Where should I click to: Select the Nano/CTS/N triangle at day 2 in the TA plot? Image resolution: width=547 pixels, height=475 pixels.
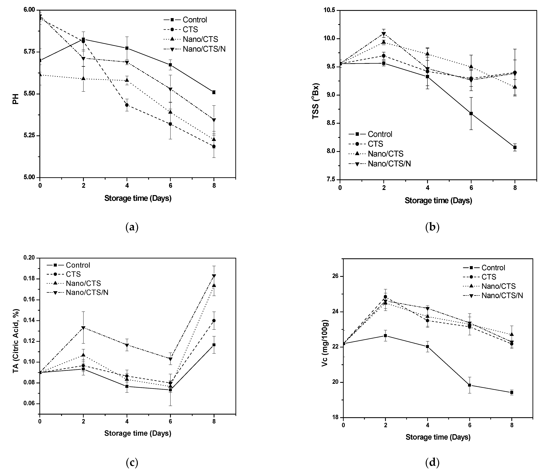tap(83, 328)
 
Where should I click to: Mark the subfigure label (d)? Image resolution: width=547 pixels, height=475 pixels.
tap(432, 463)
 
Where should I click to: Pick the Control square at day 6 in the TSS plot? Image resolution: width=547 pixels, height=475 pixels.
tap(471, 113)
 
